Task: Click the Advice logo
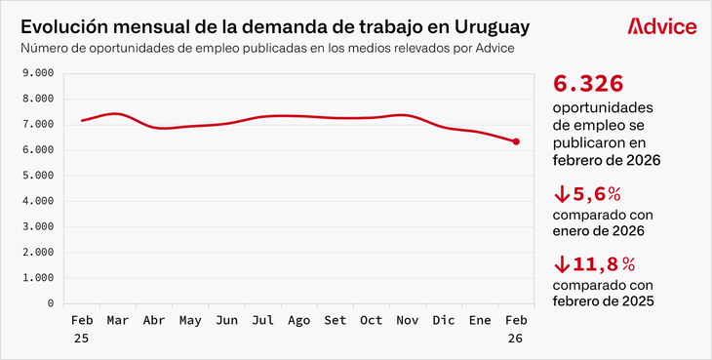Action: (x=662, y=26)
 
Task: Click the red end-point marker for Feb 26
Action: (x=516, y=141)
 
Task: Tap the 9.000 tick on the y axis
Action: (x=37, y=73)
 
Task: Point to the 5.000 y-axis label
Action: (x=37, y=176)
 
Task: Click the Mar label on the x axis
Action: (x=118, y=320)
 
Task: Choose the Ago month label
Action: (x=299, y=320)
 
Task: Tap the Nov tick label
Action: (x=408, y=320)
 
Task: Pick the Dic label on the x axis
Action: (x=444, y=320)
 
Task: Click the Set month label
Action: (x=336, y=320)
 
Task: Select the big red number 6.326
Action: (x=588, y=84)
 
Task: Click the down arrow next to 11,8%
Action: (x=561, y=264)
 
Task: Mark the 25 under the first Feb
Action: (x=82, y=337)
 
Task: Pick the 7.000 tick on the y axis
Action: (x=37, y=125)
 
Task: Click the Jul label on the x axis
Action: (x=262, y=320)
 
